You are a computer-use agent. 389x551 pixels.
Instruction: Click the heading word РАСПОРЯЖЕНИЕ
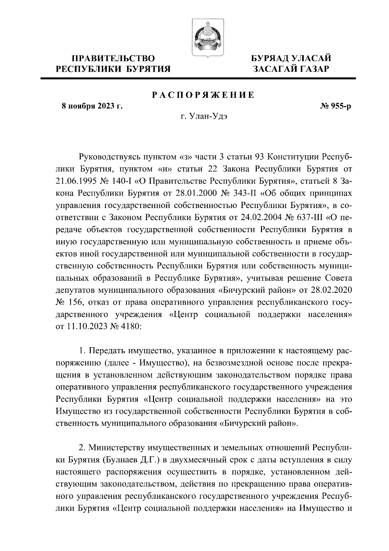[x=203, y=95]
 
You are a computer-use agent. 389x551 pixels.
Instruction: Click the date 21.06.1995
[x=76, y=181]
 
